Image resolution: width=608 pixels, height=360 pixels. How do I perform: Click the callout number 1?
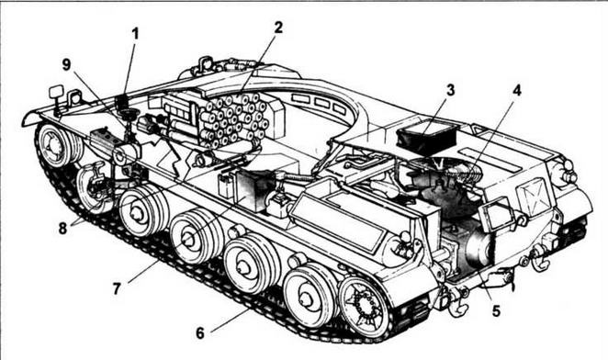point(135,34)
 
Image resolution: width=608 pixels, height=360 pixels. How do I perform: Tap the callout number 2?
point(277,28)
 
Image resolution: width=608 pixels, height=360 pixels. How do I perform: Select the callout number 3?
point(450,90)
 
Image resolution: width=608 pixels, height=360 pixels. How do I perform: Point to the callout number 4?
point(516,90)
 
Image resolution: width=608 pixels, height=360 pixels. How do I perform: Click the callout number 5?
point(496,310)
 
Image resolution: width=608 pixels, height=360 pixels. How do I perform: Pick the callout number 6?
point(200,332)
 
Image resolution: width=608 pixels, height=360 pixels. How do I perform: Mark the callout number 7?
point(118,288)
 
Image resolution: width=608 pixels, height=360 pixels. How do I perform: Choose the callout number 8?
point(62,229)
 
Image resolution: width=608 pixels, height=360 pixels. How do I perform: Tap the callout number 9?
point(67,65)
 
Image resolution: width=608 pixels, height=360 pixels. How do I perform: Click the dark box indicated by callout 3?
point(426,139)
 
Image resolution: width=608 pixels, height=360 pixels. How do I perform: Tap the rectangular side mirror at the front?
point(57,92)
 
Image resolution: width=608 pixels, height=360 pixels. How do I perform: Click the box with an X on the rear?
point(534,196)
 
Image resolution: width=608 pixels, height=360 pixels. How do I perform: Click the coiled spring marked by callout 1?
point(122,103)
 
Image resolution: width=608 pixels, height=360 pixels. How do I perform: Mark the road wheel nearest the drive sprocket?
point(309,296)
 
